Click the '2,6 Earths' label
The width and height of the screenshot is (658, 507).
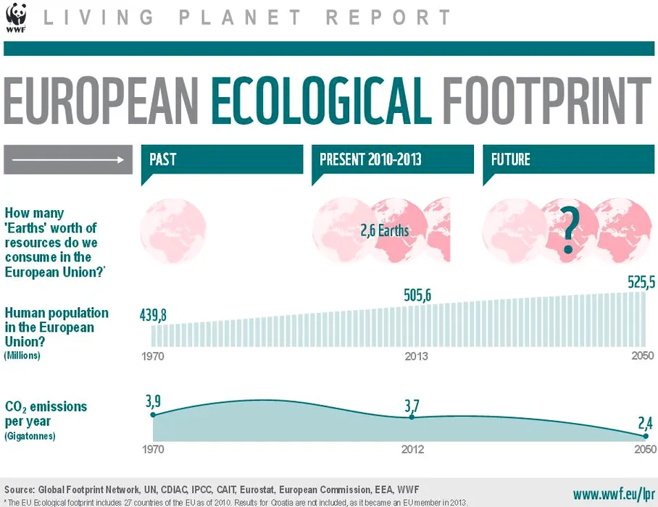pos(384,231)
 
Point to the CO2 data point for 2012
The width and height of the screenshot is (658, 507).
pos(412,416)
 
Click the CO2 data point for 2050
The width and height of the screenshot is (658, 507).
pos(645,436)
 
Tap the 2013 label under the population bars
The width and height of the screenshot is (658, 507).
pos(416,356)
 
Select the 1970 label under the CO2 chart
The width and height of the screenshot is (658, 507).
pos(153,450)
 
